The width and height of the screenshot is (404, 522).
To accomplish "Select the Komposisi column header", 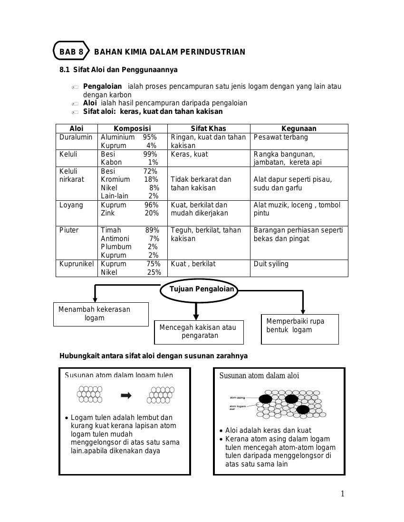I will [x=132, y=129].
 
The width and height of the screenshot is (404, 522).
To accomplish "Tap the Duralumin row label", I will [x=76, y=137].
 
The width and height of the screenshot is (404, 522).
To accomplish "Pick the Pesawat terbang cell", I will [x=280, y=137].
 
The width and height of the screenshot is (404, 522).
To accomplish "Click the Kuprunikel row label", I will [x=77, y=264].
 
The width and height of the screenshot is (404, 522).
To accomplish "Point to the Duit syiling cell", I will [x=271, y=264].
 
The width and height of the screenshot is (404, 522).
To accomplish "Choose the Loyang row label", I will [x=71, y=205].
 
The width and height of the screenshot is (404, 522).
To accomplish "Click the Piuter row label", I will [x=69, y=230].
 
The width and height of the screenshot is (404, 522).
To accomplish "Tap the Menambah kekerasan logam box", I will [x=100, y=314].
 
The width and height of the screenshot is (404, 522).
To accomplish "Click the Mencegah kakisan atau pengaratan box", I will [x=199, y=332].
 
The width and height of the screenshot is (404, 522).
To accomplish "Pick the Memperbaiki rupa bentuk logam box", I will [x=300, y=328].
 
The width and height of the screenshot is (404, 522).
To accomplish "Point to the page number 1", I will [x=342, y=494].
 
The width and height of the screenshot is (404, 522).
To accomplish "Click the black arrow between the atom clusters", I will [x=126, y=395].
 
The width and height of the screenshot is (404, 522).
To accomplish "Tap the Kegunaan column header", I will [x=299, y=129].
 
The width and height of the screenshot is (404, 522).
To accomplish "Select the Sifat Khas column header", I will [x=208, y=129].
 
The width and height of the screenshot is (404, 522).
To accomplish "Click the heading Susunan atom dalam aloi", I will [x=259, y=376].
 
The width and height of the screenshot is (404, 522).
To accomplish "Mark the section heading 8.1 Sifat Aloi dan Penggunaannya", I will [x=118, y=70].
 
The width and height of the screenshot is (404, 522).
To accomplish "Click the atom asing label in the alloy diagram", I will [x=237, y=397].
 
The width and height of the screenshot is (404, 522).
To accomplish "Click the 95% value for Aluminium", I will [x=150, y=137].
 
